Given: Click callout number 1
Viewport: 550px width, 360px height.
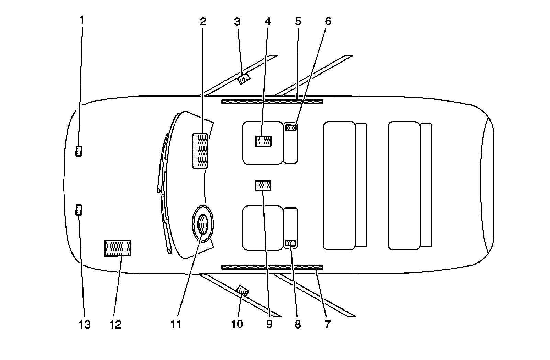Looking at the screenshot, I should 81,21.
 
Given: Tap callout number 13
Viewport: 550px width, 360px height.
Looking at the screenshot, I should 85,324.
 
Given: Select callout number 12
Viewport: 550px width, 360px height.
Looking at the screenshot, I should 116,324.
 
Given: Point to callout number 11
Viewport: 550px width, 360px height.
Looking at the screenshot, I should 176,324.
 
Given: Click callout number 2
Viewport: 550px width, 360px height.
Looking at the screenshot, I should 203,22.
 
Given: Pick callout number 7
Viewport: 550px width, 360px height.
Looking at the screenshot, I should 327,324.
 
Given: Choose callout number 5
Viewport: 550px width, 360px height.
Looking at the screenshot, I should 298,22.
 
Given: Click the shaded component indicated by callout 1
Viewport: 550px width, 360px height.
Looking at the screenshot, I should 79,151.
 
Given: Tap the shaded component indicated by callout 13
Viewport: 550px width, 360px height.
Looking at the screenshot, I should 79,209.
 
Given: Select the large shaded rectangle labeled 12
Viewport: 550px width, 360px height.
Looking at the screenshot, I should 118,248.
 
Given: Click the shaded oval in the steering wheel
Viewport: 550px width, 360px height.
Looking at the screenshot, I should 203,224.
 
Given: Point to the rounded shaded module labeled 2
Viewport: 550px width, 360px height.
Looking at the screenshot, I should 200,151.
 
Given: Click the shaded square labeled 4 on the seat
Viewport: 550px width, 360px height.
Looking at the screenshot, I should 264,141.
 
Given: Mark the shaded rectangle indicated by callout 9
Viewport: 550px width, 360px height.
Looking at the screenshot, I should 263,185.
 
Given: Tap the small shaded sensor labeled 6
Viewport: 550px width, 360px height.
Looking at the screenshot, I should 291,128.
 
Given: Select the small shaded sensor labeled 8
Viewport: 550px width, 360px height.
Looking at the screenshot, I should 291,243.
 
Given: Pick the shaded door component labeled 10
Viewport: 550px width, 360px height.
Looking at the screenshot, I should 243,291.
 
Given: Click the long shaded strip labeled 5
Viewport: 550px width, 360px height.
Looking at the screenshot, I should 272,102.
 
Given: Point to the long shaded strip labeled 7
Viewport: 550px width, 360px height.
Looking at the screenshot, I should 272,267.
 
